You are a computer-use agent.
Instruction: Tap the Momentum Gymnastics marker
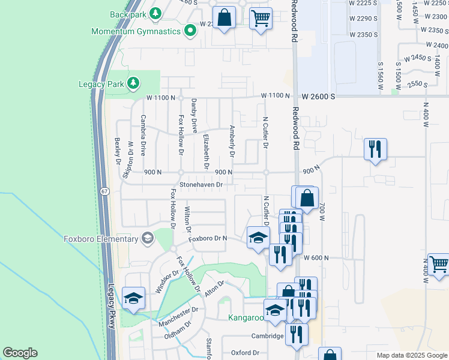point(190,30)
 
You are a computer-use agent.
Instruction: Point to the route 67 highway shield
point(104,191)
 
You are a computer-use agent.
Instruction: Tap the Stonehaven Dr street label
point(200,185)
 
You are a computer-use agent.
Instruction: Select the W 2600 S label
point(326,96)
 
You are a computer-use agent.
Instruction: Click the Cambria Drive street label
point(143,135)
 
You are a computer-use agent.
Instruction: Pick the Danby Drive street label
point(194,116)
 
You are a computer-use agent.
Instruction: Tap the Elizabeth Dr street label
point(206,151)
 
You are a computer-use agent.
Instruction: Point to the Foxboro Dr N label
point(208,238)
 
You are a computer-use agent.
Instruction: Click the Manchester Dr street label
point(178,317)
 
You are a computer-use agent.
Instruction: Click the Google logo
point(20,353)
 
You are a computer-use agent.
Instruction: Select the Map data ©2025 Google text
point(411,355)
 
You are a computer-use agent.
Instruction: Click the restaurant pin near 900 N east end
point(375,149)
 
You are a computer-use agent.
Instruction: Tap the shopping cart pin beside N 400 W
point(438,264)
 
